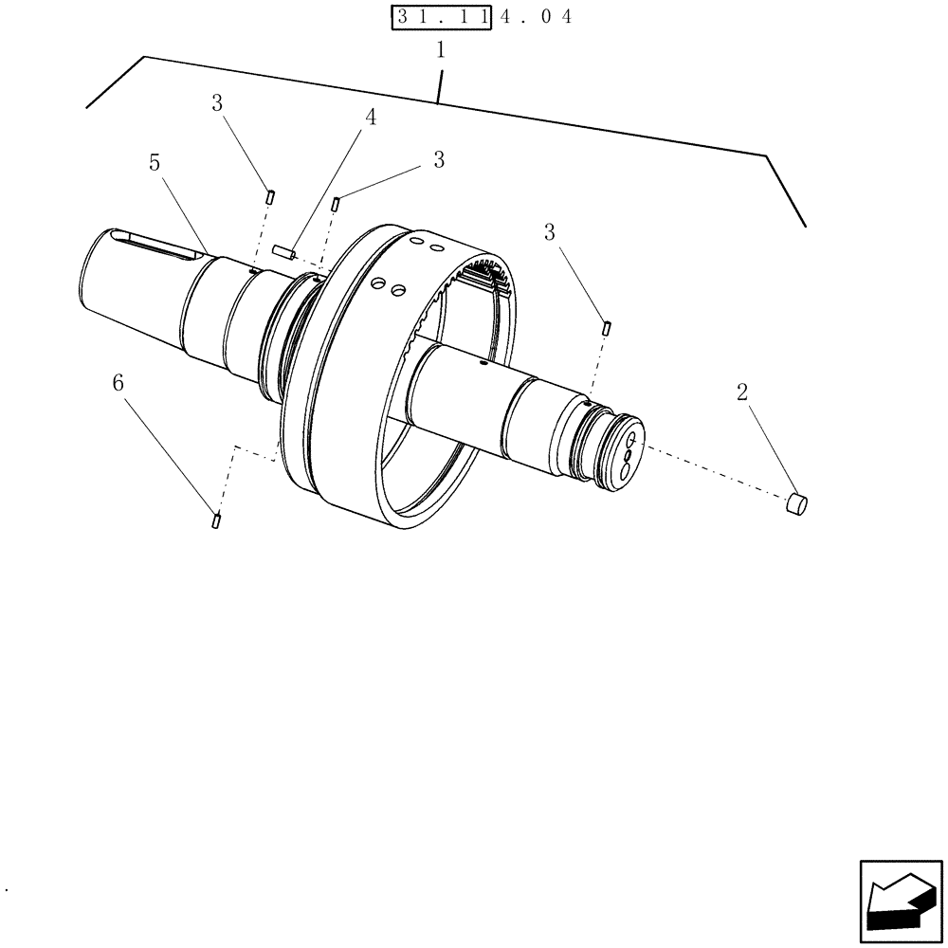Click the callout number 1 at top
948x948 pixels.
[x=440, y=51]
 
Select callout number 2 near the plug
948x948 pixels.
[x=742, y=392]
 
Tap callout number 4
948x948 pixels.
[x=371, y=118]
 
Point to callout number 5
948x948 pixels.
[x=155, y=163]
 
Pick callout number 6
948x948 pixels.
[x=118, y=383]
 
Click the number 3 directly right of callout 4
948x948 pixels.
[x=438, y=160]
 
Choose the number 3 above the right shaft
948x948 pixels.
[x=550, y=232]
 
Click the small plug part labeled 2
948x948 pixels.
[x=796, y=504]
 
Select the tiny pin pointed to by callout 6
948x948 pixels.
[x=217, y=520]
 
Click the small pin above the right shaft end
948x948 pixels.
[x=606, y=328]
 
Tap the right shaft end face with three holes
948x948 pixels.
[x=626, y=455]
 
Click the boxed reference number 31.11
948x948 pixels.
[x=439, y=17]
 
